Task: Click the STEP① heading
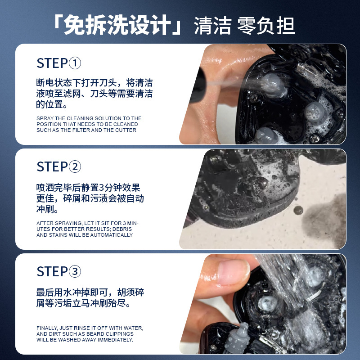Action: pos(59,63)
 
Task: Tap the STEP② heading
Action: pos(59,167)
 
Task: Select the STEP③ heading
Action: pos(59,272)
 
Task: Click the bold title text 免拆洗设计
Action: pos(117,26)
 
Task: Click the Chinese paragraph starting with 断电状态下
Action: pos(94,94)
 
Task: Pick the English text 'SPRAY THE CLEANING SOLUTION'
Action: pos(89,124)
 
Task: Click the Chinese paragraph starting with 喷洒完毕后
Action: pos(90,198)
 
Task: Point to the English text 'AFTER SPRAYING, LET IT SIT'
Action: pos(88,229)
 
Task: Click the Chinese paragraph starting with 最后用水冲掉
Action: pos(90,298)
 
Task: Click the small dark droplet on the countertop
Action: pos(298,211)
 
